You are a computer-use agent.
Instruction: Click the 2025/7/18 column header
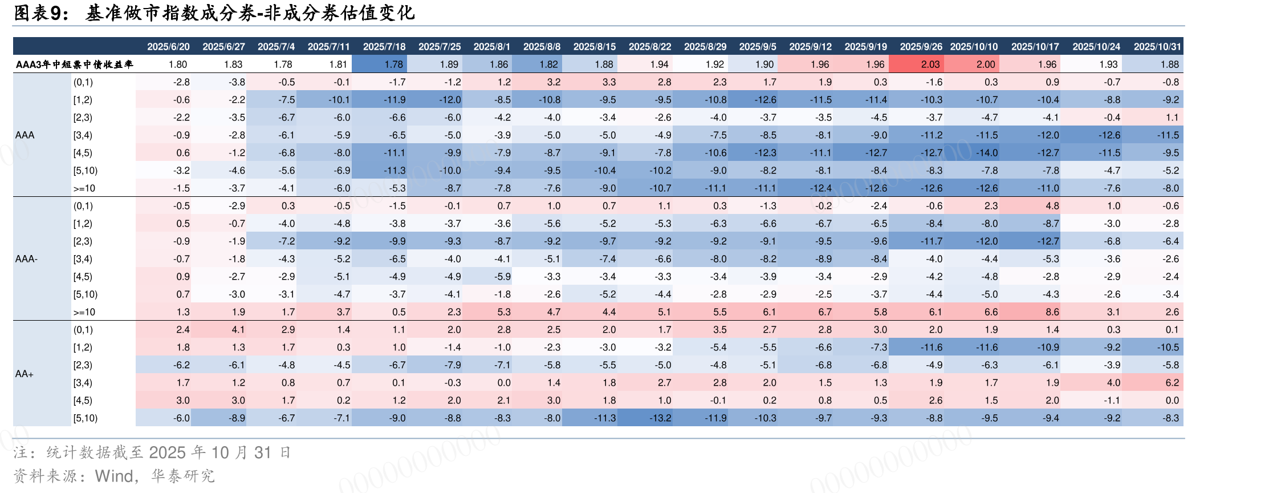(x=384, y=46)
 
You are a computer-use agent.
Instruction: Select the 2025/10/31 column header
(x=1157, y=46)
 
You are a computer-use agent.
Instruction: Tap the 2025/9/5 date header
(x=757, y=46)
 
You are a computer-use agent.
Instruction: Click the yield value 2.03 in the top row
(x=930, y=64)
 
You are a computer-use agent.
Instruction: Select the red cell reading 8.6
(x=1052, y=312)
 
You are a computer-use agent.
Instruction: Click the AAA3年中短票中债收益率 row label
(x=74, y=64)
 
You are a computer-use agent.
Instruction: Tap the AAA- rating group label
(x=26, y=259)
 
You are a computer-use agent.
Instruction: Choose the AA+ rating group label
(x=25, y=374)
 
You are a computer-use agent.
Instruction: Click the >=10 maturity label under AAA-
(x=84, y=312)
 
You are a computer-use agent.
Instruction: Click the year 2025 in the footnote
(x=167, y=452)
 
